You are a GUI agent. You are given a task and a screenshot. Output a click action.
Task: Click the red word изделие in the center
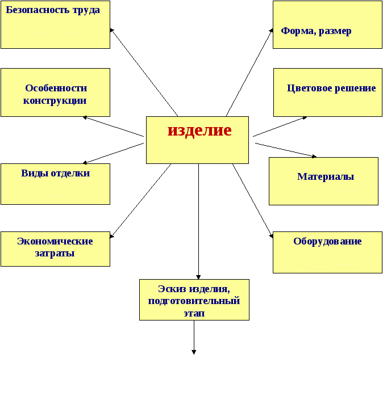click(x=199, y=130)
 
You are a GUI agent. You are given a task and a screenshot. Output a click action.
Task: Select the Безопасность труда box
click(x=55, y=24)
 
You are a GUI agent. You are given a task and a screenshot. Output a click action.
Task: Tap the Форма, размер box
click(x=327, y=24)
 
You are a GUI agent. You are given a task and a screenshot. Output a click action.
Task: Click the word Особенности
click(x=56, y=88)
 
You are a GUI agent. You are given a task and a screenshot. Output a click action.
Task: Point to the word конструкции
click(x=55, y=100)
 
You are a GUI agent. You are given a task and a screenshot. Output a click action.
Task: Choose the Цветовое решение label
click(x=331, y=88)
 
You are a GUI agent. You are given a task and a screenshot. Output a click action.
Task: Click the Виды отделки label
click(x=55, y=173)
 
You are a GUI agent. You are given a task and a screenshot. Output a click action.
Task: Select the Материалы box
click(x=323, y=181)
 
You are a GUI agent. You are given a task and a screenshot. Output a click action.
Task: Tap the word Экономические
click(x=55, y=241)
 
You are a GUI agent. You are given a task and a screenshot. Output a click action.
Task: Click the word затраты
click(x=55, y=253)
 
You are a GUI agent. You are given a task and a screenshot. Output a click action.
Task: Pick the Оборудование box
click(x=327, y=252)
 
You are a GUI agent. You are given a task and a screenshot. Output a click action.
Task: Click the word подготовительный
click(x=194, y=301)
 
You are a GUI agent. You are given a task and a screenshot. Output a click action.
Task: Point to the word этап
click(x=194, y=313)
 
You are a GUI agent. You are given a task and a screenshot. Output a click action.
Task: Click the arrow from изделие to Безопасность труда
click(x=144, y=72)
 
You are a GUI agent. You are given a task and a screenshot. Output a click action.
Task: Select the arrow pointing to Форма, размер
click(x=249, y=72)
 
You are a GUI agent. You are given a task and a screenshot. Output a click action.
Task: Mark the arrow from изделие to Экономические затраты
click(x=140, y=201)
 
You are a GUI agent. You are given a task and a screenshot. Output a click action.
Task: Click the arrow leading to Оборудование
click(x=253, y=201)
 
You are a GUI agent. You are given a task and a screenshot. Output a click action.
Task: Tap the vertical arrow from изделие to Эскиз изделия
click(x=198, y=221)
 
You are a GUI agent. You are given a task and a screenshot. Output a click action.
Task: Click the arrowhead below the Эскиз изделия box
click(x=194, y=352)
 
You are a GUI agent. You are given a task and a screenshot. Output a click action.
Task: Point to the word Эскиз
click(x=172, y=289)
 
